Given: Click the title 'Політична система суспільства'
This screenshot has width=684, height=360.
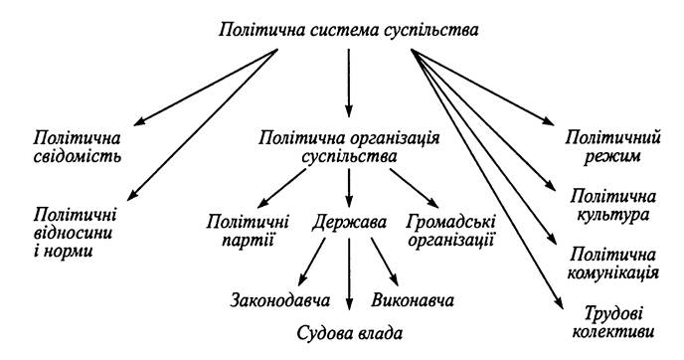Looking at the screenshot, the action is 348,30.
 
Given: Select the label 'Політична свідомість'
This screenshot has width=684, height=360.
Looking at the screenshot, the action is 78,147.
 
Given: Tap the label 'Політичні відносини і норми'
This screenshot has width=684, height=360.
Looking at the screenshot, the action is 74,233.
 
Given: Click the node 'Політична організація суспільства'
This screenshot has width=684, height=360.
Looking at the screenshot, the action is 349,147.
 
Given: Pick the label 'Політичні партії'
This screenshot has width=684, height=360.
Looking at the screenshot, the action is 248,231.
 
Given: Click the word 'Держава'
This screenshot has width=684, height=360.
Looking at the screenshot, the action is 349,222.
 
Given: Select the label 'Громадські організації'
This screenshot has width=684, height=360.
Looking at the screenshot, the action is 451,231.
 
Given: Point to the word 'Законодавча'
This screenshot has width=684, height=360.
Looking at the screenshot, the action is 280,300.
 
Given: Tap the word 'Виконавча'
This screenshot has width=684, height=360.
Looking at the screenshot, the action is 413,300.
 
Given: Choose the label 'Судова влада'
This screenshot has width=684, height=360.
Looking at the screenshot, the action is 349,333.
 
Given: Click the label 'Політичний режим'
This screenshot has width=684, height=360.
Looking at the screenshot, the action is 612,147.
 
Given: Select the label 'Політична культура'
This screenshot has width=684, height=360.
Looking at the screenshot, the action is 612,206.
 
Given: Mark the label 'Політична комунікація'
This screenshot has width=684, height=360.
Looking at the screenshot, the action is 612,264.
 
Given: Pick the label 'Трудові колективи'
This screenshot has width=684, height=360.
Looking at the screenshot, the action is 612,322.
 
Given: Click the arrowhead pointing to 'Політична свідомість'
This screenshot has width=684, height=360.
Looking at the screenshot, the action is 139,121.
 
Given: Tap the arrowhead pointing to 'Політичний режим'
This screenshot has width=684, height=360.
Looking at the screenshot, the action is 549,121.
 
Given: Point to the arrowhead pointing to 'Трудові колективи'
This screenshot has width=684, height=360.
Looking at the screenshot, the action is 559,303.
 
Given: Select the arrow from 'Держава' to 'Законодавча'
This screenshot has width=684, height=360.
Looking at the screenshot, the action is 312,262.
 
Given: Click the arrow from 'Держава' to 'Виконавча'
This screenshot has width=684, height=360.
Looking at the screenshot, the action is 385,262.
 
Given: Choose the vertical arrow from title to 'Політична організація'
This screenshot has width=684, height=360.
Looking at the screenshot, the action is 349,83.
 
